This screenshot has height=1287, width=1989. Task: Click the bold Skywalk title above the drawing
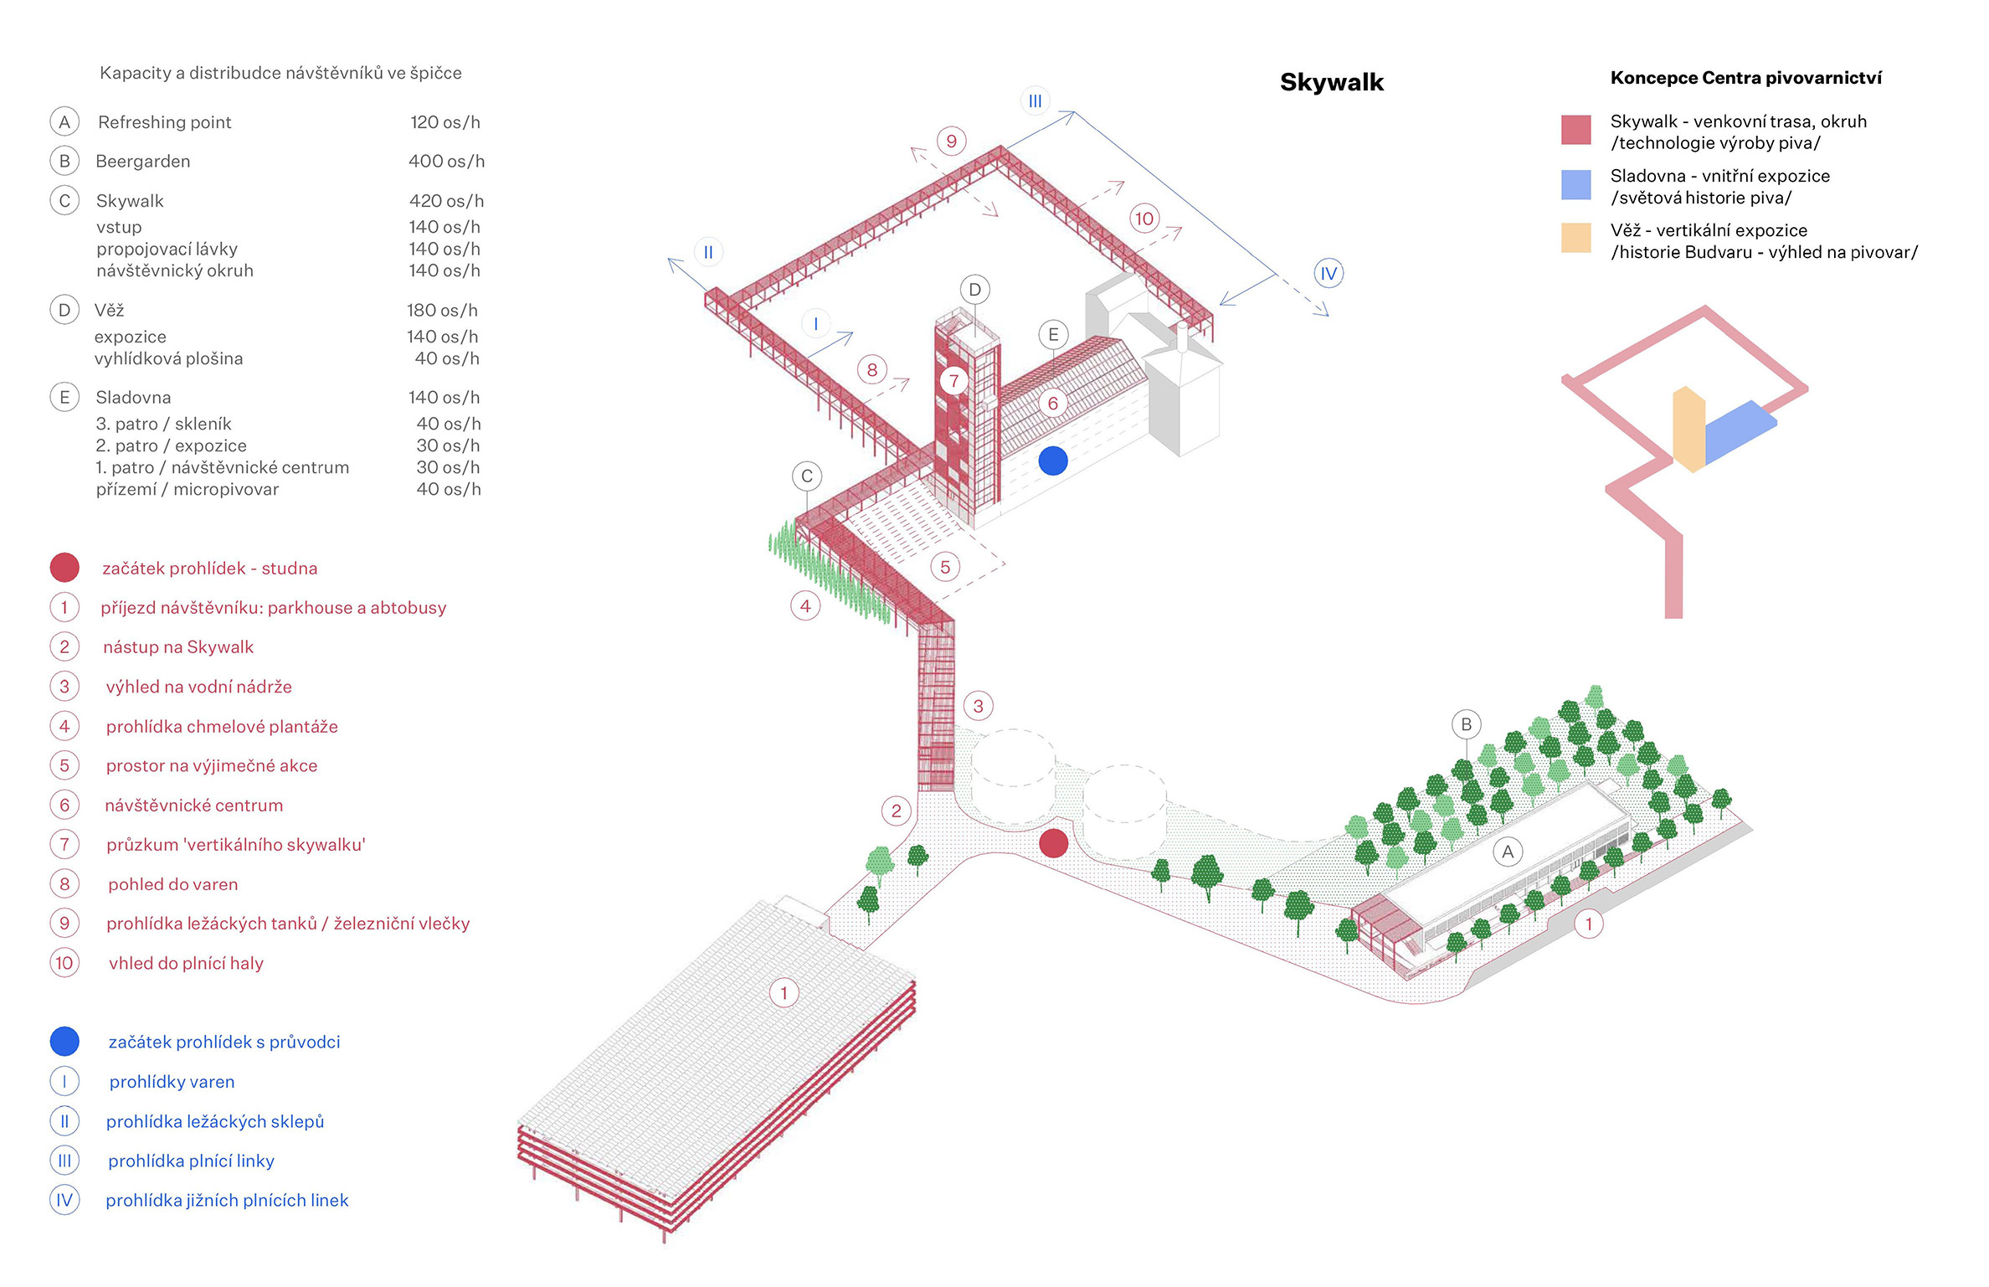point(1331,82)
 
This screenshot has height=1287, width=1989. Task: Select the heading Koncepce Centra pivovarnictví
point(1745,78)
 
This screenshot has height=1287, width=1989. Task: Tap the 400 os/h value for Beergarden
point(446,161)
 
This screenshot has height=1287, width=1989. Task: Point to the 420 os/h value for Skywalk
point(446,201)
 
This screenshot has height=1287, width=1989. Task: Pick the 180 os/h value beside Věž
point(442,310)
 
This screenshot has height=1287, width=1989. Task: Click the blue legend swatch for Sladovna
point(1575,185)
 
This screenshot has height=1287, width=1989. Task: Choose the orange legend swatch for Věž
point(1575,238)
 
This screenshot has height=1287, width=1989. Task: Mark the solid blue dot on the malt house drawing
point(1052,460)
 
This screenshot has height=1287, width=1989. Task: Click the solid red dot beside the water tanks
point(1053,843)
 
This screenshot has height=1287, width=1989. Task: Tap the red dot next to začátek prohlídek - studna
point(64,568)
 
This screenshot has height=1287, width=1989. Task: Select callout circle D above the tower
point(974,290)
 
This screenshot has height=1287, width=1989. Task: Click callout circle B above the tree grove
point(1466,724)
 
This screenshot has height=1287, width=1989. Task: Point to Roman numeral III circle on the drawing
point(1036,101)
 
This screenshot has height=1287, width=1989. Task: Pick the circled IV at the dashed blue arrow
point(1329,273)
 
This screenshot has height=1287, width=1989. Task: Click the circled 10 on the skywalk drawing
point(1144,219)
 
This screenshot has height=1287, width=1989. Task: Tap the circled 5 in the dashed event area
point(945,567)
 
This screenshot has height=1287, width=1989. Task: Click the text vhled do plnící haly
point(186,963)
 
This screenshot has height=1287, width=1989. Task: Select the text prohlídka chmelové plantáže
point(222,726)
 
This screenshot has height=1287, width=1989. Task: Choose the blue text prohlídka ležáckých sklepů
point(215,1121)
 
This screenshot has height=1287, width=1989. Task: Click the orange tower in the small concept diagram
point(1688,429)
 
